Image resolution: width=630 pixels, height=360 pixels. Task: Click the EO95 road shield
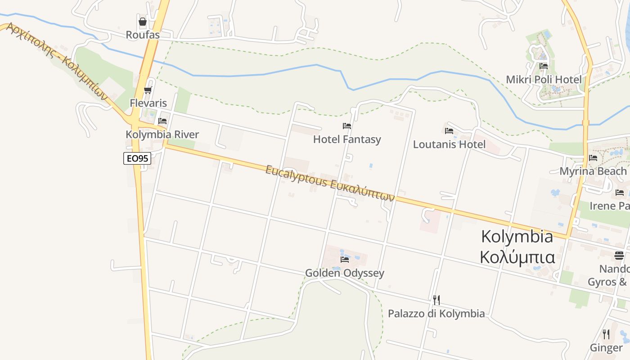point(137,158)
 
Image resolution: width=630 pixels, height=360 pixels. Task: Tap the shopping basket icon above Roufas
point(143,22)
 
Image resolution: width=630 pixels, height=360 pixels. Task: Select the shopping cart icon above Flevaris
point(148,90)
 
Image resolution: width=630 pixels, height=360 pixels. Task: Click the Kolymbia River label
point(162,135)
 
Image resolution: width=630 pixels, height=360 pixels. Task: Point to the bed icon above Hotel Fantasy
point(347,126)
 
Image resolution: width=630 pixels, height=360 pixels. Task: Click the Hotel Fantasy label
point(347,139)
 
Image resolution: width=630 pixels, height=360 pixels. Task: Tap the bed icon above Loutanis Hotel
point(449,131)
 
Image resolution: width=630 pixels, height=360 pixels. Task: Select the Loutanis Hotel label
point(449,144)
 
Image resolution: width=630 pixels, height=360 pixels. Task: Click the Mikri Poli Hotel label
point(544,80)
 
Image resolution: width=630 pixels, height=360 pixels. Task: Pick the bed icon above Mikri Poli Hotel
point(544,66)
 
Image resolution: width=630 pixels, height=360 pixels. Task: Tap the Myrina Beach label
point(593,171)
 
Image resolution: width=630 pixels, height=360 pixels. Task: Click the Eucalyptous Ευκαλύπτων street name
point(330,183)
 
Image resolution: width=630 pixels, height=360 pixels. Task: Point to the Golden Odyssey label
point(345,273)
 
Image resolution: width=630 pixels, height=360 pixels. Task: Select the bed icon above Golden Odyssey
point(345,260)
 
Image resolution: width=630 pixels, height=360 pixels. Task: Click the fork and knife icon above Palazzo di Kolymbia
point(436,300)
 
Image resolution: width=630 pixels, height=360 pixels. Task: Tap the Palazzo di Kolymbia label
point(436,314)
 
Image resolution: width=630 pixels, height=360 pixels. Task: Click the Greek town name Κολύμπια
point(517,257)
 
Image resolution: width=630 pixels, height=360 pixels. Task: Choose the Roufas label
point(143,35)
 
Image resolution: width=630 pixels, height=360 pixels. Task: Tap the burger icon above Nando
point(619,256)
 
